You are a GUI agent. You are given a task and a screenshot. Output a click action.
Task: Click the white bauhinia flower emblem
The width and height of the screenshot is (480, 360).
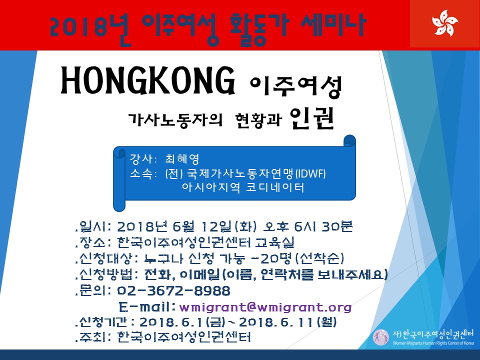[x=445, y=23]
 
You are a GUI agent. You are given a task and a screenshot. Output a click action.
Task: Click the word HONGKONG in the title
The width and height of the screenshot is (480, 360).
[x=148, y=81]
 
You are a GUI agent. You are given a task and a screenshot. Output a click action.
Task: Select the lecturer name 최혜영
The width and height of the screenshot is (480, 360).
[x=182, y=158]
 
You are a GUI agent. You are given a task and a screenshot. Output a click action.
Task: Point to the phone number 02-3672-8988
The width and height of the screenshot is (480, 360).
[x=173, y=290]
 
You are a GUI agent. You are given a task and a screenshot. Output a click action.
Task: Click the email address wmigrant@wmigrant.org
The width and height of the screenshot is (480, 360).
[x=265, y=306]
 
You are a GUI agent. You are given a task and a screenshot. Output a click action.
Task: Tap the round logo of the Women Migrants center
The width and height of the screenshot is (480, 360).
[x=381, y=337]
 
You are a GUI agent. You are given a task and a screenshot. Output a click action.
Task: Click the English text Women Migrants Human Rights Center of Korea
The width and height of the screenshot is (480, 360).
[x=433, y=343]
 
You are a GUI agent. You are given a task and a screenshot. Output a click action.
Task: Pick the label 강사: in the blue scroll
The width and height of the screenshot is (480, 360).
[x=143, y=158]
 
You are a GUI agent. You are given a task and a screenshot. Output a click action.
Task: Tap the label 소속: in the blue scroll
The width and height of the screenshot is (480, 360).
[x=143, y=173]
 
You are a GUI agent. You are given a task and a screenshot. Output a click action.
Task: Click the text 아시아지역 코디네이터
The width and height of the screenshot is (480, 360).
[x=243, y=187]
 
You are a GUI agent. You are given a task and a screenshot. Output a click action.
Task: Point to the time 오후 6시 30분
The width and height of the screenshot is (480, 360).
[x=308, y=226]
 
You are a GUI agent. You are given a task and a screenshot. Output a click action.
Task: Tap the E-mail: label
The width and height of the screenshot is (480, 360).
[x=147, y=306]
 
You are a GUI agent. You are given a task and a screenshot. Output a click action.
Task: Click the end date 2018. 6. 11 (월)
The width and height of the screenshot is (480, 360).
[x=287, y=322]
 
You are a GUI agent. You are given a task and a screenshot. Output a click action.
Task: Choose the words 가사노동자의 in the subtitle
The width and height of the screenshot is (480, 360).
[x=175, y=119]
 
